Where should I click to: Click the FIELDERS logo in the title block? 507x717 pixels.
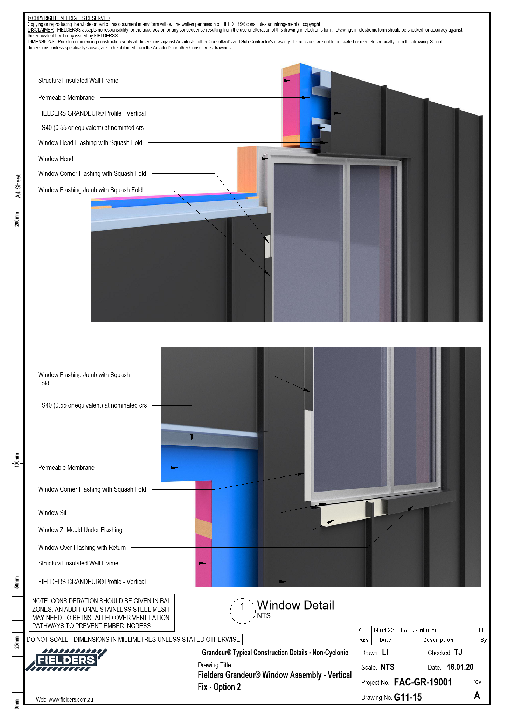point(66,660)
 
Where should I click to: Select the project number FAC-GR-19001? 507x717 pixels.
point(423,682)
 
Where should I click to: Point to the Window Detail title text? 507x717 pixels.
point(296,605)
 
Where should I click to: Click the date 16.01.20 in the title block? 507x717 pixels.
point(460,667)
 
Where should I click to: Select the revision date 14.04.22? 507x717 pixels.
point(383,630)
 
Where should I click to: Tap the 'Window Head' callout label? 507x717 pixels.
point(56,159)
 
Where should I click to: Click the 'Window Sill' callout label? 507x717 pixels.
point(53,513)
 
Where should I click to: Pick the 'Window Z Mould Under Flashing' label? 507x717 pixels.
point(80,530)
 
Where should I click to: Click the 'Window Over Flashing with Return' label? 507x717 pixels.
point(82,548)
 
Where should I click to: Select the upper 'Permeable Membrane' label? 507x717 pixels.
point(66,98)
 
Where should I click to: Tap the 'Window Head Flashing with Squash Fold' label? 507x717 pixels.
point(90,143)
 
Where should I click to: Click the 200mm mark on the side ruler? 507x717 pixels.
point(17,219)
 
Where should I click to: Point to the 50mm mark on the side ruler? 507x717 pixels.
point(17,582)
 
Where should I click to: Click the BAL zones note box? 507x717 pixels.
point(101,613)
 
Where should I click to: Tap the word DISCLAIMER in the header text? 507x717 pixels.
point(40,30)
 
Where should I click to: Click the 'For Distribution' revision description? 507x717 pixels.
point(419,630)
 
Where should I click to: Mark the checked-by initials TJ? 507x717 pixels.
point(458,653)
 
